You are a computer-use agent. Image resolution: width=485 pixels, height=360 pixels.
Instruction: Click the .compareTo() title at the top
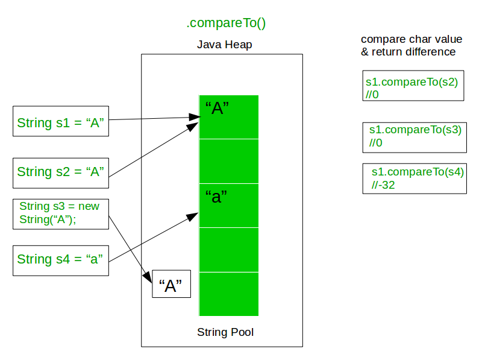(226, 23)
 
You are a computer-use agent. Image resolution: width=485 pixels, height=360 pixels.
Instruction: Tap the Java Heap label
(225, 45)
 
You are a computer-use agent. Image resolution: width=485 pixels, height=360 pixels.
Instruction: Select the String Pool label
(225, 332)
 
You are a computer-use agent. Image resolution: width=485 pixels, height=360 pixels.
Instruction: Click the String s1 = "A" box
(61, 121)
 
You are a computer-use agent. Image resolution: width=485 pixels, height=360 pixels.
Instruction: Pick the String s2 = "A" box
(61, 173)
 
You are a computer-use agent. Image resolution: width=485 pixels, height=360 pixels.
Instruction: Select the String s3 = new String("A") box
(61, 214)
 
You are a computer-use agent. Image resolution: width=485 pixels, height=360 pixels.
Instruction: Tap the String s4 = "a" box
(61, 261)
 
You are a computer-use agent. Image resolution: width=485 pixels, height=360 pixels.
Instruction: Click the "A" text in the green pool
(217, 108)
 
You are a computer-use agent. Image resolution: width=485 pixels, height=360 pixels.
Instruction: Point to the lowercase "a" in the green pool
(216, 197)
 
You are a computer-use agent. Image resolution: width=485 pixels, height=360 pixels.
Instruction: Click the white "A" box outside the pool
(171, 284)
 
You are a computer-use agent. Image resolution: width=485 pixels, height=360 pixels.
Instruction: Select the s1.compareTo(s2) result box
(413, 86)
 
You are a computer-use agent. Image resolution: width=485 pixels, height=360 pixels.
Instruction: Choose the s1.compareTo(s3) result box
(415, 137)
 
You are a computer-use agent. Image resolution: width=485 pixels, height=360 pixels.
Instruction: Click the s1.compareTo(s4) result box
(415, 178)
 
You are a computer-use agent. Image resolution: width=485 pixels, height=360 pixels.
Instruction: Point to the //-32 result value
(383, 185)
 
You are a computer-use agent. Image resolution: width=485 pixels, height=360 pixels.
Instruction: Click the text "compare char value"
(411, 39)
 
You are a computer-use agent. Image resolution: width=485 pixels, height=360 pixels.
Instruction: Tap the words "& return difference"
(408, 52)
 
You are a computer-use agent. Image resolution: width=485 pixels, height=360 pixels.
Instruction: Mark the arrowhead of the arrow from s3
(148, 277)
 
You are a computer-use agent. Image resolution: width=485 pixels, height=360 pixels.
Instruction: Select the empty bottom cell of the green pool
(229, 294)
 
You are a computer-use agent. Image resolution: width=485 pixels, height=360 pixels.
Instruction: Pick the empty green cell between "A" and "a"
(229, 161)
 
